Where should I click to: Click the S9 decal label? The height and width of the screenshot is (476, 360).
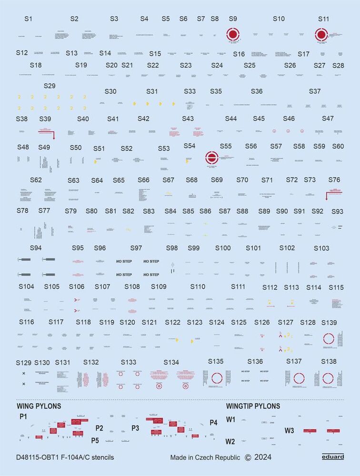pyautogui.click(x=233, y=19)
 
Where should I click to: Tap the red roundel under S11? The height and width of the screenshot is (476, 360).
pyautogui.click(x=321, y=35)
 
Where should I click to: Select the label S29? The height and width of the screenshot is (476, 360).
pyautogui.click(x=50, y=86)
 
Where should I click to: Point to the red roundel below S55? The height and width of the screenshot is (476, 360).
pyautogui.click(x=211, y=158)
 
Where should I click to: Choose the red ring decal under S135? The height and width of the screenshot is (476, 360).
pyautogui.click(x=217, y=378)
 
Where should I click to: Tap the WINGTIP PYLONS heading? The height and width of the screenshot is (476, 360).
pyautogui.click(x=253, y=407)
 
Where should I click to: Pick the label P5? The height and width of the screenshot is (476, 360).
pyautogui.click(x=96, y=440)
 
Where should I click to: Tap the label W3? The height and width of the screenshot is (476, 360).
pyautogui.click(x=290, y=430)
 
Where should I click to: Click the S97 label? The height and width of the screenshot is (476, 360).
pyautogui.click(x=136, y=248)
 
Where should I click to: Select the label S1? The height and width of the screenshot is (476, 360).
pyautogui.click(x=28, y=19)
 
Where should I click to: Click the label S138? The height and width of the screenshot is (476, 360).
pyautogui.click(x=329, y=362)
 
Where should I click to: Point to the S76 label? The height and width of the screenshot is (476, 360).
pyautogui.click(x=334, y=179)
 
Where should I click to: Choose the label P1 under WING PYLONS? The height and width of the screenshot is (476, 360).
pyautogui.click(x=23, y=417)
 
